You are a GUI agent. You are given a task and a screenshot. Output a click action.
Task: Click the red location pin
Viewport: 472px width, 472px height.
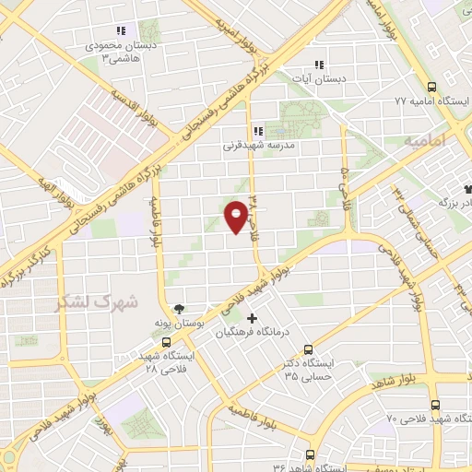[236, 216]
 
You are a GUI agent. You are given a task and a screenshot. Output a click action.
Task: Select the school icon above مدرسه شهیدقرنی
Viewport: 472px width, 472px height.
[257, 131]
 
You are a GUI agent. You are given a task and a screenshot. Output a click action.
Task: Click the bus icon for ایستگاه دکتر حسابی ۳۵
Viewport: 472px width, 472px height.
[308, 349]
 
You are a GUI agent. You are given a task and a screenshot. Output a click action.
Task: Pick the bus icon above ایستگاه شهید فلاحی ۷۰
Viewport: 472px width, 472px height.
[435, 404]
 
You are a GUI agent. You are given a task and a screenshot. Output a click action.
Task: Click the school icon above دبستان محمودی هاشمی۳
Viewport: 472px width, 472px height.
[121, 30]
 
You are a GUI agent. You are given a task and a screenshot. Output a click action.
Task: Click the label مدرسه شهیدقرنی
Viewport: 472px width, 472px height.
[258, 146]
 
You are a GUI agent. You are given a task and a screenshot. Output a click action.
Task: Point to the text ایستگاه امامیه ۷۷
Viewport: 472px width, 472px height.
[426, 99]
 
